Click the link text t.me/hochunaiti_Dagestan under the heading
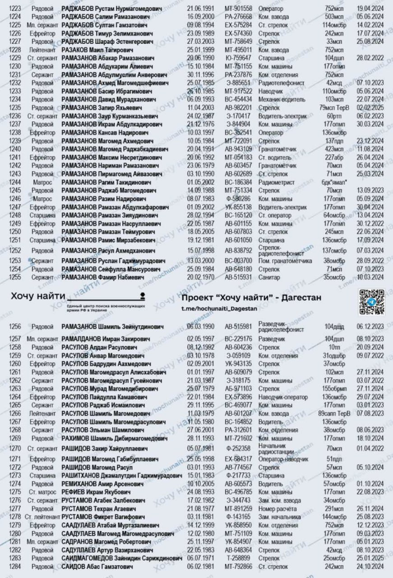pos(219,308)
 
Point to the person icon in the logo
pos(143,294)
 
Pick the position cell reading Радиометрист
pos(276,182)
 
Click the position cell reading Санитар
pos(269,277)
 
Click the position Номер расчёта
pos(279,508)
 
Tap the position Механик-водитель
pos(282,99)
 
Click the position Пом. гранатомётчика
pos(285,261)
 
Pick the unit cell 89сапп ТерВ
pos(334,413)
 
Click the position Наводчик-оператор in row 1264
pos(283,397)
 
